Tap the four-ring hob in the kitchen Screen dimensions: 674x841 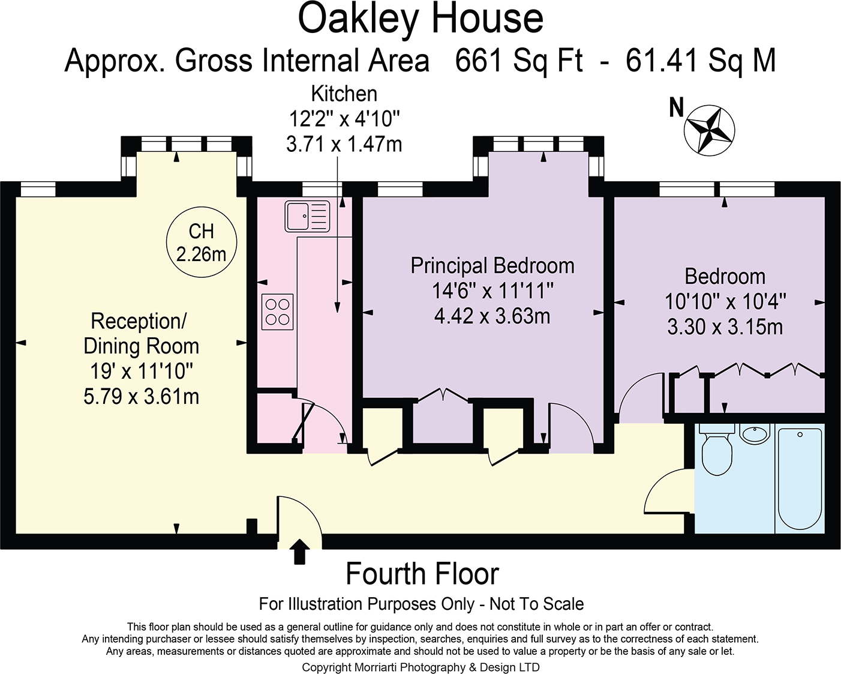(x=278, y=312)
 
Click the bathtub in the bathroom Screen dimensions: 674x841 (x=799, y=478)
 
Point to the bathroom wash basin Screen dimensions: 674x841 (x=755, y=433)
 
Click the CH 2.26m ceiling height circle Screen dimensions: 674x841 (x=202, y=243)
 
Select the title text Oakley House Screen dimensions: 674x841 (x=420, y=19)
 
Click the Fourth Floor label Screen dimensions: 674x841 (x=422, y=574)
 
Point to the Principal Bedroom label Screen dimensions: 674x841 (x=492, y=266)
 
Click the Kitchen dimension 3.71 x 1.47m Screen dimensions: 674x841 (x=344, y=145)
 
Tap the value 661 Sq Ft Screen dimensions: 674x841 (x=519, y=61)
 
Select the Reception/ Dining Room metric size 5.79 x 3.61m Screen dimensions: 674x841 (x=141, y=397)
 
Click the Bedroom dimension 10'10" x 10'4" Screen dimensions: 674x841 (x=725, y=301)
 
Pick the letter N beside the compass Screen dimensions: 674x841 (x=677, y=108)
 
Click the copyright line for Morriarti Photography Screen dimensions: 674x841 (x=420, y=667)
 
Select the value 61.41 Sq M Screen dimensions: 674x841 (x=701, y=61)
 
